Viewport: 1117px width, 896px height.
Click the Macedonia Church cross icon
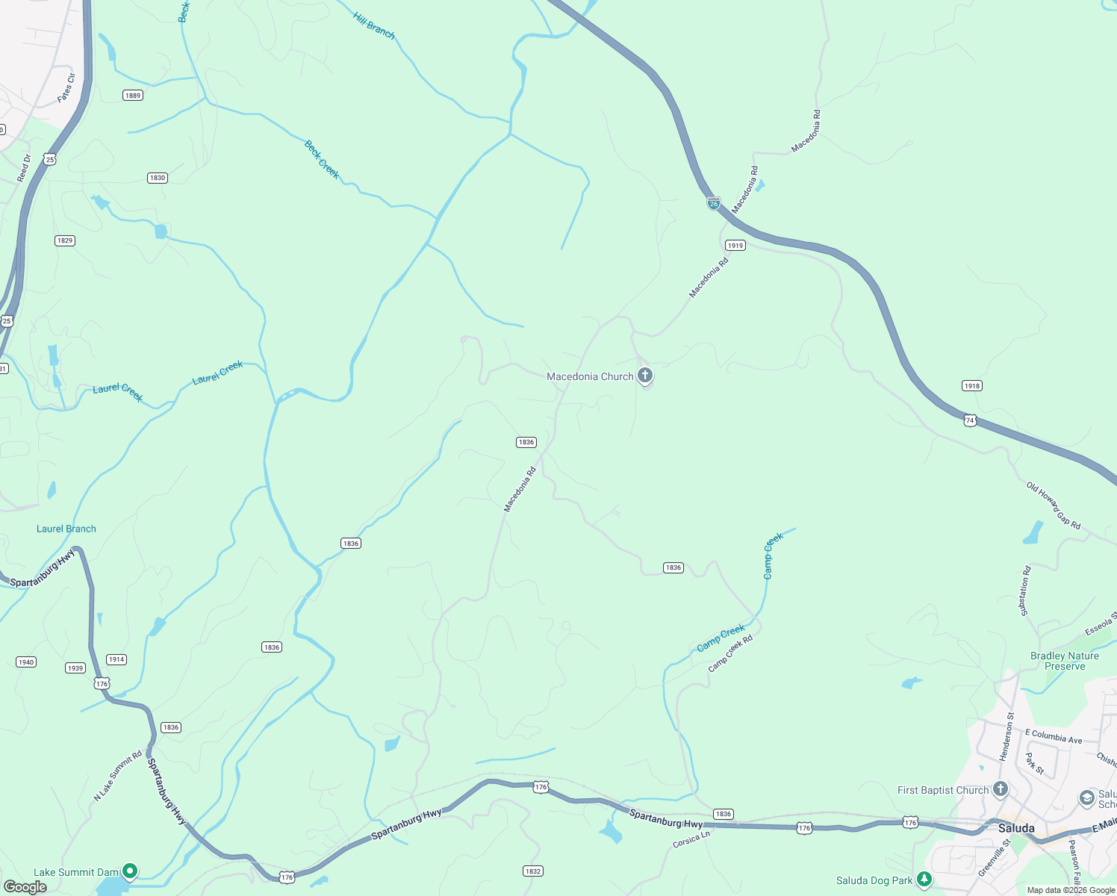645,376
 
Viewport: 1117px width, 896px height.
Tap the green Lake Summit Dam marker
130,871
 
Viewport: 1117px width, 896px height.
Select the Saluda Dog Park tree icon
924,880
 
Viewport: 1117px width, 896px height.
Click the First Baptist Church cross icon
1001,789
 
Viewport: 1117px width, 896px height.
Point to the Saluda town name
1016,828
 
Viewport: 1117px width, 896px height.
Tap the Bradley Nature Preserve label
1065,661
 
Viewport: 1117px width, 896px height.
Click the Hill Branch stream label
374,25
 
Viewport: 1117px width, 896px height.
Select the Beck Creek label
322,159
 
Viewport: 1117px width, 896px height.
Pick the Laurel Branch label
66,529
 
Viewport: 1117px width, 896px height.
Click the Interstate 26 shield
714,203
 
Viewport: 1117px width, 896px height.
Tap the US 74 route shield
970,420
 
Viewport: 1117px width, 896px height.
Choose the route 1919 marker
735,246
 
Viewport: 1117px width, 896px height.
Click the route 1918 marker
971,386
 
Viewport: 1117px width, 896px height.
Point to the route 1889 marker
133,96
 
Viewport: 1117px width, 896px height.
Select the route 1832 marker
532,871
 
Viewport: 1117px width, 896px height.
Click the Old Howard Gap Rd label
1054,505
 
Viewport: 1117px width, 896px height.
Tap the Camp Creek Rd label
730,653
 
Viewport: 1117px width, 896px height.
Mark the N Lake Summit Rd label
117,777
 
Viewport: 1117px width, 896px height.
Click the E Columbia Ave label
1054,736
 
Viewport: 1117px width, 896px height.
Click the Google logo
25,887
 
